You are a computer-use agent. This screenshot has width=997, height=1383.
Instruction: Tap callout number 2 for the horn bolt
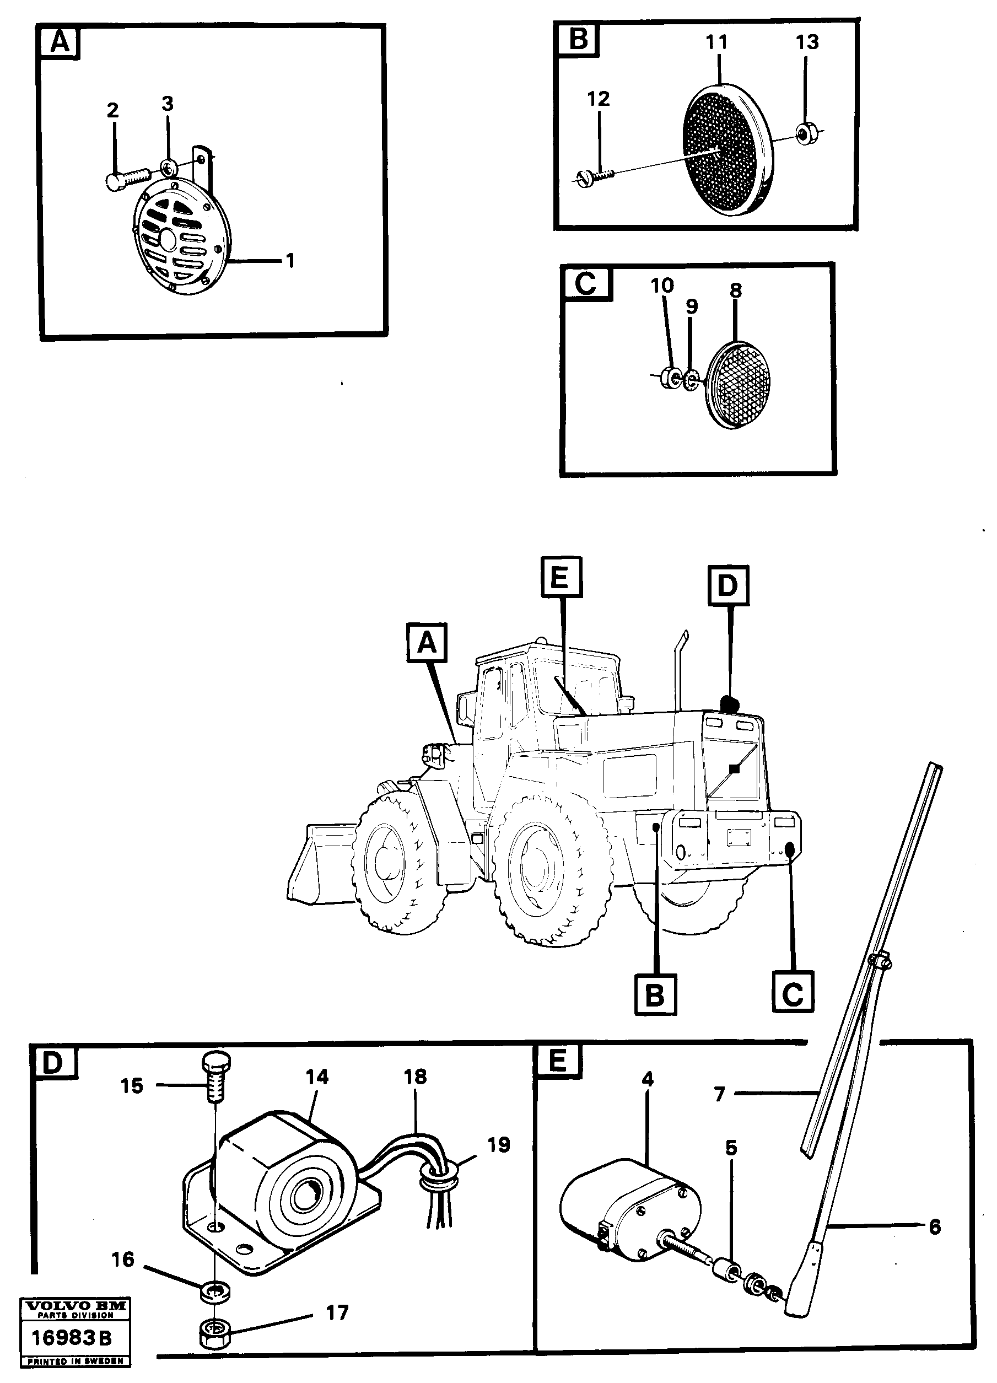point(112,110)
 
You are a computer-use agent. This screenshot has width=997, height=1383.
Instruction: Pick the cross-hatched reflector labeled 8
point(739,384)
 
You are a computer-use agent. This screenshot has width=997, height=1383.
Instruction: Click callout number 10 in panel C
point(662,286)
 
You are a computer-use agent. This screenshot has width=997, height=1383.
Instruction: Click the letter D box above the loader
point(728,585)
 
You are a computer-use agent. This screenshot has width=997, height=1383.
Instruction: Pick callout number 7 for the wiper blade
point(720,1095)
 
